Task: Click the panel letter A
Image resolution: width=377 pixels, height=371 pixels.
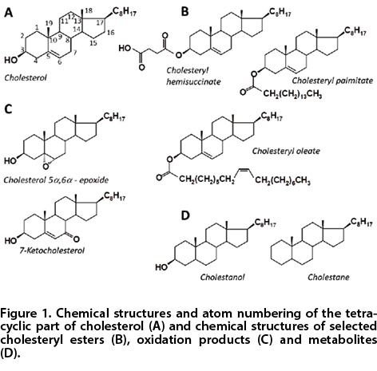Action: point(9,12)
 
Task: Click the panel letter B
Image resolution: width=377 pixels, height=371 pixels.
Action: point(185,12)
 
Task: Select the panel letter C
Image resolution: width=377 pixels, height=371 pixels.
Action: point(8,109)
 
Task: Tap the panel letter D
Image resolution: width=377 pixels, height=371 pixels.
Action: point(185,215)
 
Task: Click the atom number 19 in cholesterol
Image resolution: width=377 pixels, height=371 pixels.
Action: point(49,23)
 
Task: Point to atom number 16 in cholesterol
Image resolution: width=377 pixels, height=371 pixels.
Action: point(111,33)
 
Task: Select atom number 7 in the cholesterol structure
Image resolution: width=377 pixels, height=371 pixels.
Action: point(75,53)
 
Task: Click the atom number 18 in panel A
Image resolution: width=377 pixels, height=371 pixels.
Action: point(89,10)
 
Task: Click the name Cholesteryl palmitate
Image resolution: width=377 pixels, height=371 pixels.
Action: point(332,81)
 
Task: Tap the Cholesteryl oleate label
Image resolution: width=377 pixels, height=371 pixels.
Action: point(286,151)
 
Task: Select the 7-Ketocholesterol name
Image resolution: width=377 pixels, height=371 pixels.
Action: point(52,251)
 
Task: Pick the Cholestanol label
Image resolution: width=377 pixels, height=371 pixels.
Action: point(222,277)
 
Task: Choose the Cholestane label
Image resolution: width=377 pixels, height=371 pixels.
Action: point(328,277)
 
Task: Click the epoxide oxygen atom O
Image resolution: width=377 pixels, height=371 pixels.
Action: point(46,167)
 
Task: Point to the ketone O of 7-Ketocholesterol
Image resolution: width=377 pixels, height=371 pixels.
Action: point(76,239)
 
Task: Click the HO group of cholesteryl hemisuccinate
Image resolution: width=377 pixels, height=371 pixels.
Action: point(125,49)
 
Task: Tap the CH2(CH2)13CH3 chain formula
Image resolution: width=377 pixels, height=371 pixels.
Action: point(292,94)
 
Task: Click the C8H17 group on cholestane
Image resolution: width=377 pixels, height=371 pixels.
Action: point(361,222)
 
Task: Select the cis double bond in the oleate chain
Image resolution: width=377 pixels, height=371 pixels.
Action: point(244,169)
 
